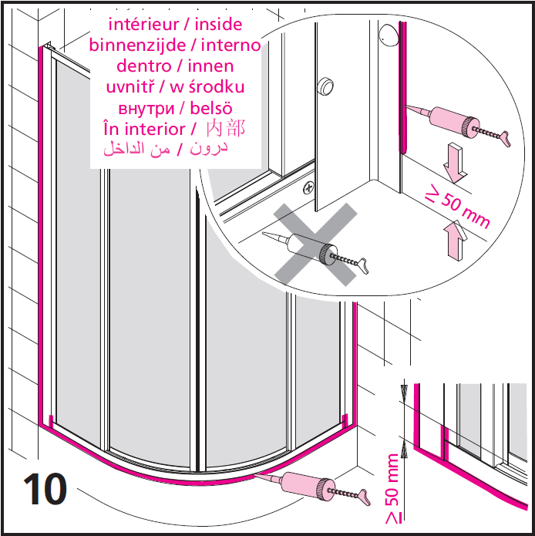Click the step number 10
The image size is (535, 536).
[45, 488]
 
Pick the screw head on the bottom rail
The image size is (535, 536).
[308, 187]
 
